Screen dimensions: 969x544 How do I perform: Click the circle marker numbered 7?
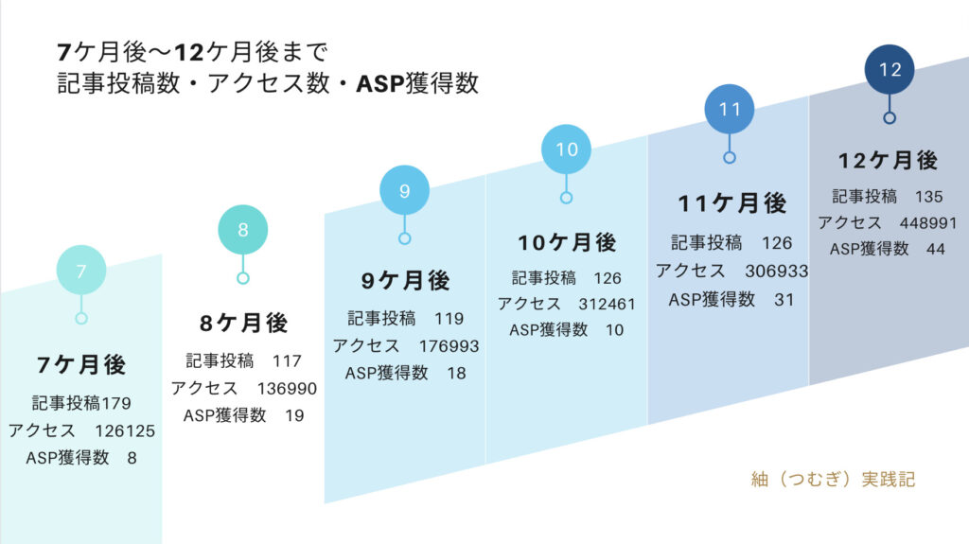point(81,271)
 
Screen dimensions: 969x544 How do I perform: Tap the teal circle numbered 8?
point(243,229)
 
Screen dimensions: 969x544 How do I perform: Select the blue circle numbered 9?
point(405,190)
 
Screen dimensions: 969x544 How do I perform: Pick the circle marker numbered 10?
point(566,149)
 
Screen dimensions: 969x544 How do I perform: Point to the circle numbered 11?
point(730,109)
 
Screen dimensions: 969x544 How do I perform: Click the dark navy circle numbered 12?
point(890,69)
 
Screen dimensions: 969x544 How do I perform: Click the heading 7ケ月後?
point(81,365)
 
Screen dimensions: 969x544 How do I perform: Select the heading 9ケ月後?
point(405,281)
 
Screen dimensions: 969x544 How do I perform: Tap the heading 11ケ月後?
point(731,203)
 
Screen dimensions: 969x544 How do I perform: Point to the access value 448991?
point(928,222)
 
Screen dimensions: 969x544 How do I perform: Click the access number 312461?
point(607,304)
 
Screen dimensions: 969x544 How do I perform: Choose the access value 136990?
point(287,388)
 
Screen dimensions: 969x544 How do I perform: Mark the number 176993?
point(449,346)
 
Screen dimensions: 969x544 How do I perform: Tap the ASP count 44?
point(936,249)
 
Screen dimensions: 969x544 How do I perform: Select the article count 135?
point(929,197)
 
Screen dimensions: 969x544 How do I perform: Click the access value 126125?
point(125,430)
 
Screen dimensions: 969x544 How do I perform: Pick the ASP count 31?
point(784,300)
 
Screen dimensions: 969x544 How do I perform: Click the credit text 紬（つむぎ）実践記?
point(833,479)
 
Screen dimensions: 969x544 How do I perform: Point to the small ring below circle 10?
point(566,198)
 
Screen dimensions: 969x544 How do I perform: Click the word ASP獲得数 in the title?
point(417,83)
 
